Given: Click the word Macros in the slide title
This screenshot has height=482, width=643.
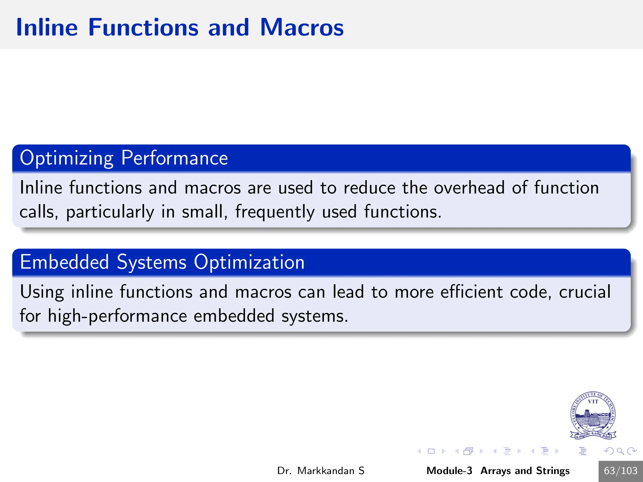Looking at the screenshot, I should click(x=302, y=28).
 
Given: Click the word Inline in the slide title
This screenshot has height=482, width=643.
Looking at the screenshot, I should click(x=47, y=28).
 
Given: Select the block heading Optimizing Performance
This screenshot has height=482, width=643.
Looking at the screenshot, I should click(x=124, y=158).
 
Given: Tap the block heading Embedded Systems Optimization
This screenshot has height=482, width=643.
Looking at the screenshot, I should click(x=162, y=262).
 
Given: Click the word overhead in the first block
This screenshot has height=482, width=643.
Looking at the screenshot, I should click(x=469, y=188).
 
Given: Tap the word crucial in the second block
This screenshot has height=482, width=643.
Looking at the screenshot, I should click(x=585, y=292).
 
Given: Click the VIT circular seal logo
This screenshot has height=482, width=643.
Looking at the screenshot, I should click(x=593, y=415).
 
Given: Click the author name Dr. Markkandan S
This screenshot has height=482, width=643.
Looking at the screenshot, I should click(x=321, y=471).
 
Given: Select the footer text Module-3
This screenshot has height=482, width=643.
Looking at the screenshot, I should click(x=449, y=471).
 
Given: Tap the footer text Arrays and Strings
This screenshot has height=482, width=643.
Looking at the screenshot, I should click(x=525, y=471).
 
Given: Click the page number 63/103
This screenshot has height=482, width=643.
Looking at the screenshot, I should click(x=620, y=471).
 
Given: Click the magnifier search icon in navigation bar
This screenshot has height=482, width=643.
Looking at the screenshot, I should click(x=620, y=451).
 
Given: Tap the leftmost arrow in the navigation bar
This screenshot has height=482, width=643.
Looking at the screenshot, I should click(x=419, y=451).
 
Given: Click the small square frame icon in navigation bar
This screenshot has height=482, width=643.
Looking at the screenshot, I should click(x=431, y=451).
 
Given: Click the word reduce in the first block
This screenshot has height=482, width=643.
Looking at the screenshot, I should click(x=369, y=188).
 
